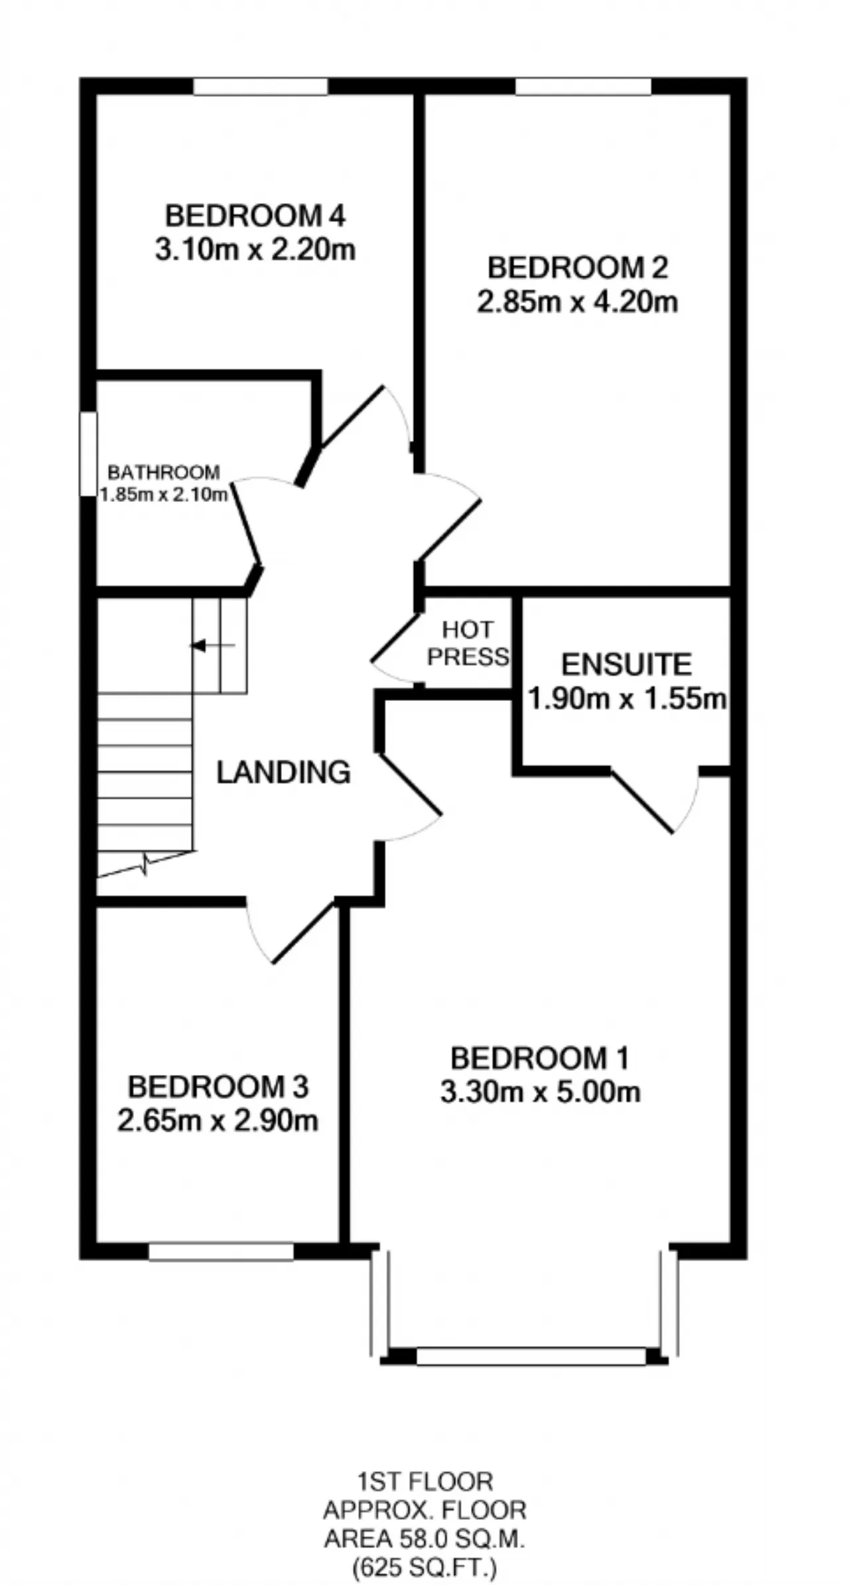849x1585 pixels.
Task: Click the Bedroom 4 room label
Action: pos(255,216)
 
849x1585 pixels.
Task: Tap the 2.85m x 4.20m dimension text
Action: pos(578,302)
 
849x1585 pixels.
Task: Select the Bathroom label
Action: pos(164,472)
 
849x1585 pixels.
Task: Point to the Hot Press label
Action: pos(468,643)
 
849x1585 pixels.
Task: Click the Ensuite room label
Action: pos(627,664)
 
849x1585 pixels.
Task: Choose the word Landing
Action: pos(284,772)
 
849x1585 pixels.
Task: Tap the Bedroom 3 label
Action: pos(218,1086)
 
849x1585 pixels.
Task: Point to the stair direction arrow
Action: pos(213,645)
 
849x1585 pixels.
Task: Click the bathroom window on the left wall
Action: pos(88,454)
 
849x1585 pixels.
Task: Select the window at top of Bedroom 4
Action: pos(261,86)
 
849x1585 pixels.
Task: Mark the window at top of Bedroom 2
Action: pos(584,86)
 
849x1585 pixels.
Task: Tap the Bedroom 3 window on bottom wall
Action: pos(221,1251)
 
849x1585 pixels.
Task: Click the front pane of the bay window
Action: pos(531,1356)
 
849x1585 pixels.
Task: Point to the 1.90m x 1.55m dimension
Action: pos(627,698)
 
